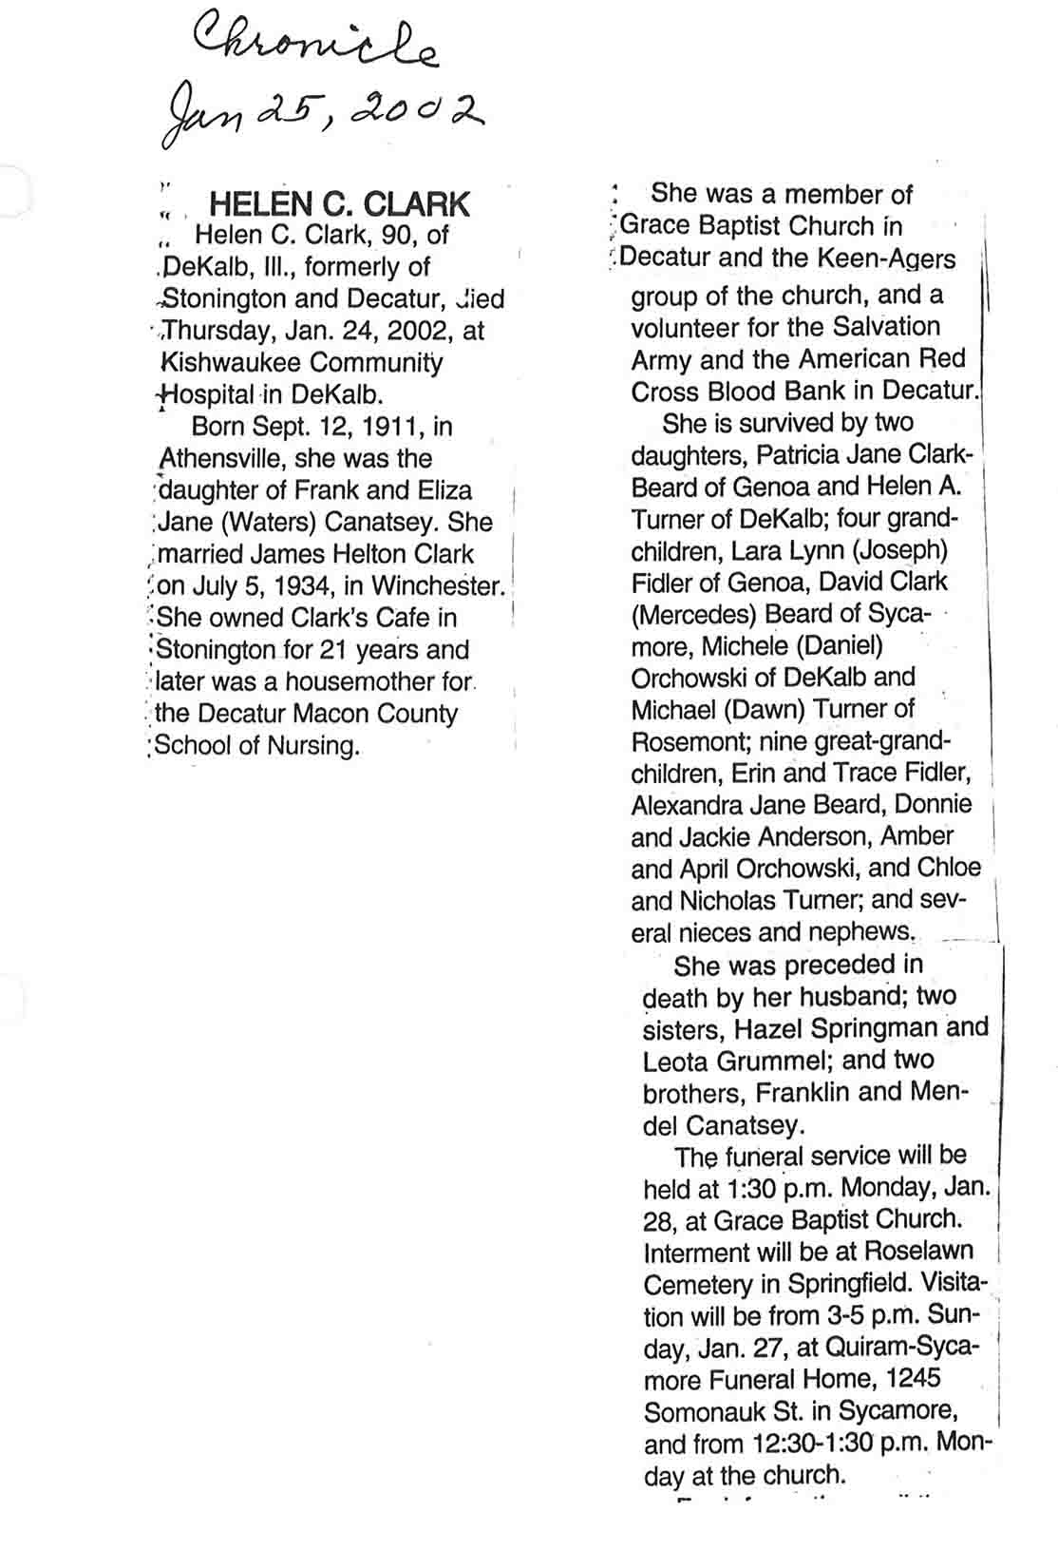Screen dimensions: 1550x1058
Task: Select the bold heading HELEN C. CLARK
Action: tap(339, 203)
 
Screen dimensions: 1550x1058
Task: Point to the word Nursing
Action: tap(313, 745)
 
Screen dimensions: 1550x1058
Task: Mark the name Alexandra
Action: tap(687, 805)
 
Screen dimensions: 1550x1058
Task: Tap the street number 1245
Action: tap(911, 1379)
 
